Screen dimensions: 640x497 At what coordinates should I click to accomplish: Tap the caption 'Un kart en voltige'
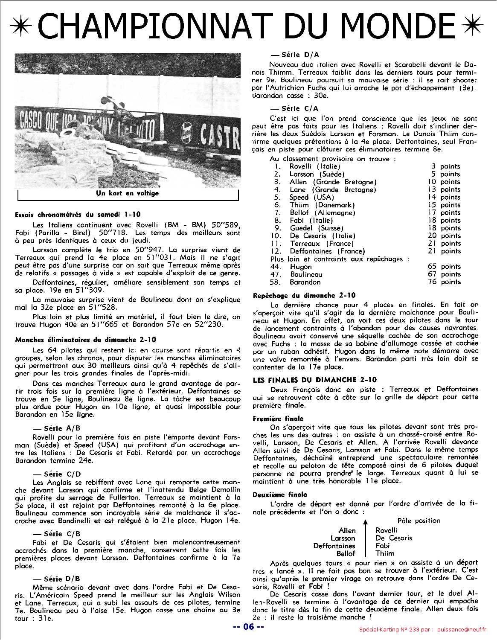point(127,193)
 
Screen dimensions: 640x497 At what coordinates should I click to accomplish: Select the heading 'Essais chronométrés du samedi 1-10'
point(77,214)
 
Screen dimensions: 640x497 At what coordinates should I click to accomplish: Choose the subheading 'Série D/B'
point(62,579)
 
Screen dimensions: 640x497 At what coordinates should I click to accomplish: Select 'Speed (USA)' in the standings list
point(312,197)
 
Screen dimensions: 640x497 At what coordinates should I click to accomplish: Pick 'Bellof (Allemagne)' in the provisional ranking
point(322,212)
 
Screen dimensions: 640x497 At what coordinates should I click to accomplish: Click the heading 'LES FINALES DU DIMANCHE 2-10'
point(315,380)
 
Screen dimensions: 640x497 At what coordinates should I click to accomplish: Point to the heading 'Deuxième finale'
point(279,495)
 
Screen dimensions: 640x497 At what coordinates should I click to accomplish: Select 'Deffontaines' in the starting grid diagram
point(334,546)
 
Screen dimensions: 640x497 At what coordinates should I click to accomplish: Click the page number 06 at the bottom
point(248,627)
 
